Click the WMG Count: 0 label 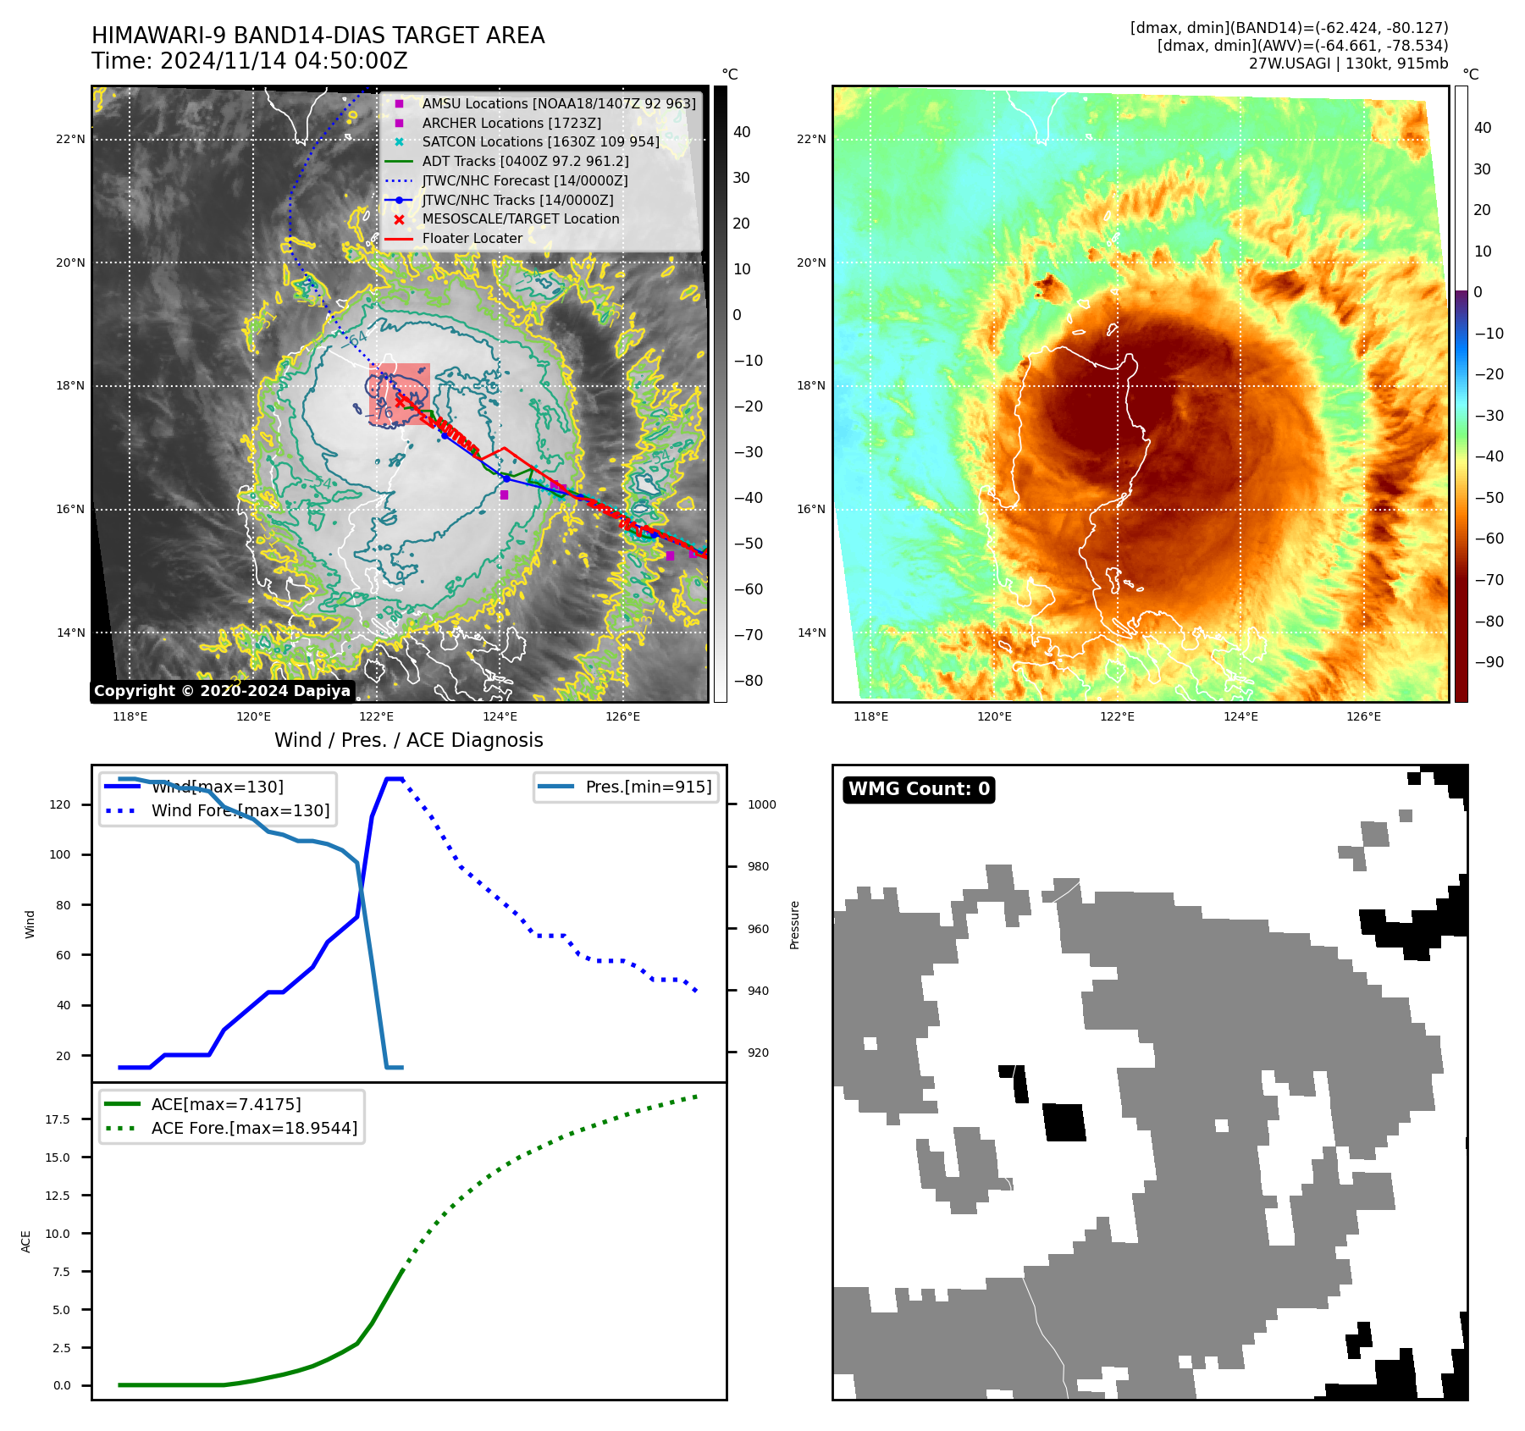919,789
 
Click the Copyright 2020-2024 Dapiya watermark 222,691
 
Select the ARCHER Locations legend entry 511,123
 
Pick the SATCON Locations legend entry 540,141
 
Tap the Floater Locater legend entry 472,238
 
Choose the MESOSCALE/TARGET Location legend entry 520,218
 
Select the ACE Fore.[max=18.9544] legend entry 254,1128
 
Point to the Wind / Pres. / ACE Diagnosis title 409,740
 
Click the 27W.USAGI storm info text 1348,64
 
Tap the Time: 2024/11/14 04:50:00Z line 250,61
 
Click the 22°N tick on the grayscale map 71,139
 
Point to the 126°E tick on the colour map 1363,716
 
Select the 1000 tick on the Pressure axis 761,804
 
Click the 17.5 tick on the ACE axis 58,1119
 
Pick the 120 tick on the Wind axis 60,804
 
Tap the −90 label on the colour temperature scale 1489,662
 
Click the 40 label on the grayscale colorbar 742,132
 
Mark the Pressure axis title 794,925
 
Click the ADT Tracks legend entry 525,161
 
